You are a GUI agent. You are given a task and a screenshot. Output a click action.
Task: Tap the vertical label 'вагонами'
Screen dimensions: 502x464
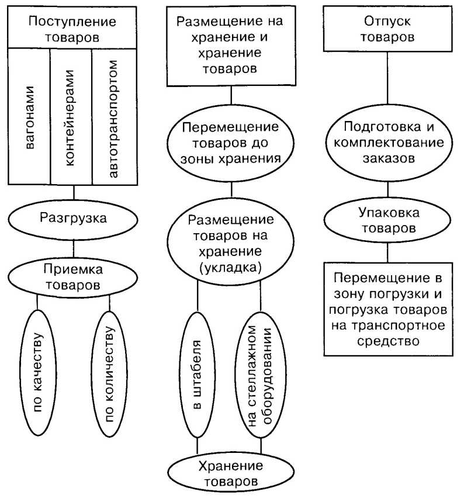(30, 117)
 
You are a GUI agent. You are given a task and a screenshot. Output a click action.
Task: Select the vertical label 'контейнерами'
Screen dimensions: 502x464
(71, 117)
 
